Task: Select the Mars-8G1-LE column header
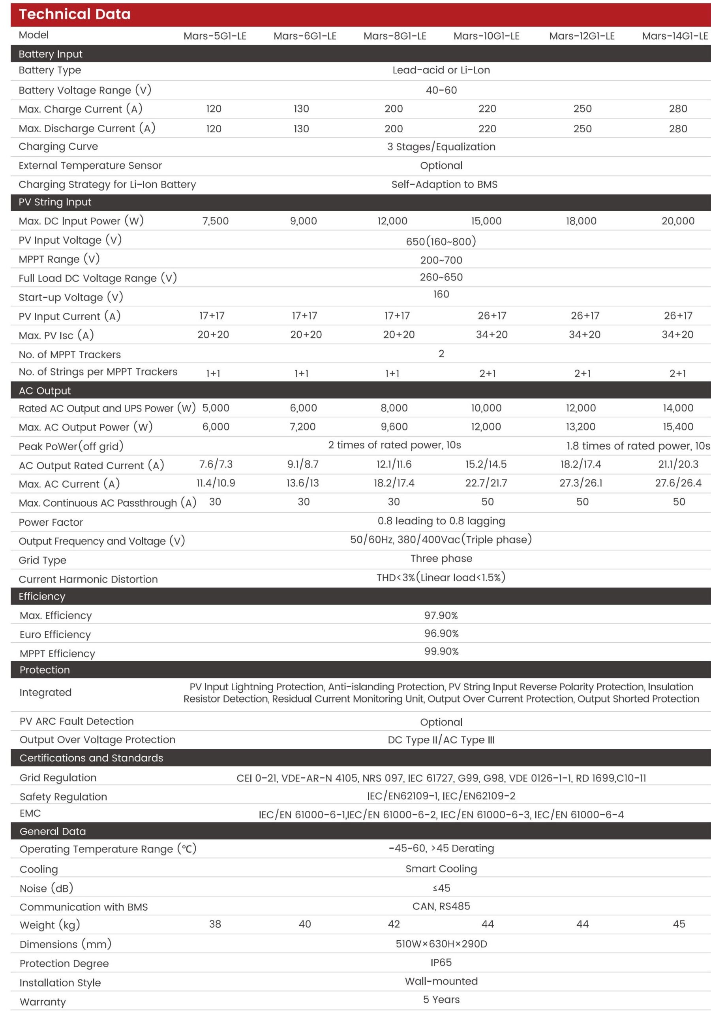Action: [394, 36]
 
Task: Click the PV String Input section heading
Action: [54, 202]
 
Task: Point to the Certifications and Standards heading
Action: [91, 758]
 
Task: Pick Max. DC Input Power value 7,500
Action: [215, 221]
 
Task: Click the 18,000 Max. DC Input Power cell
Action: [581, 221]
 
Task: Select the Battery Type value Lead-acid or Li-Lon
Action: [441, 70]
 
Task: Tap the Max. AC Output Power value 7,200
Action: [303, 427]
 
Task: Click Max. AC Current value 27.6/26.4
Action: [678, 483]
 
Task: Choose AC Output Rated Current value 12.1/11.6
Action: [394, 464]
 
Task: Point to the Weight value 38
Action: [215, 924]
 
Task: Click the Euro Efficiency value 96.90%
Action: [441, 633]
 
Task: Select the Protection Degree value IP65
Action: [441, 962]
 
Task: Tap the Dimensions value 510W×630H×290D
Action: [441, 943]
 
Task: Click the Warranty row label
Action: [43, 1002]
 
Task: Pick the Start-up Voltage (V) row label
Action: [70, 297]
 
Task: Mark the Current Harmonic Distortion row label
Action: [88, 579]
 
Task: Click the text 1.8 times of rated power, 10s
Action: [638, 446]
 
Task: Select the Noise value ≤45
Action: [441, 888]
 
